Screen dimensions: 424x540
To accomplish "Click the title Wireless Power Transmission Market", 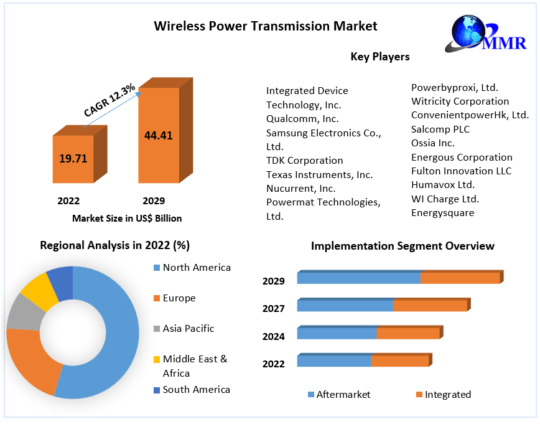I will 265,26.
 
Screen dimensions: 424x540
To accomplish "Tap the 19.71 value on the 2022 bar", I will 73,158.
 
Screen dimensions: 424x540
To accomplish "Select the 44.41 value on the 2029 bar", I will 159,135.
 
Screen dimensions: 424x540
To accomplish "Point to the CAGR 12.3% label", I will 109,100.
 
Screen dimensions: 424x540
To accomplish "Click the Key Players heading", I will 380,57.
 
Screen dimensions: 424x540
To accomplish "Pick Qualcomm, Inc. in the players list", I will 302,118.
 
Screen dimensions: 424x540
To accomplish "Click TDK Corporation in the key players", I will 304,160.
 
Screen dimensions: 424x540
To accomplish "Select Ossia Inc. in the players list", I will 433,143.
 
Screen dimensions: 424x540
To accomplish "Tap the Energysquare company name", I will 442,213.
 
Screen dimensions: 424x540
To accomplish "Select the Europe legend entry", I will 179,298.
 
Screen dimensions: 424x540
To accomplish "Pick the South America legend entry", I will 196,390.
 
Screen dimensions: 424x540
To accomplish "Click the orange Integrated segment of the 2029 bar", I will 460,278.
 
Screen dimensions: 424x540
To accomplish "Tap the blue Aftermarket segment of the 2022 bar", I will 334,361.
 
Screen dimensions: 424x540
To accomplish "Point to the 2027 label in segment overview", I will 274,308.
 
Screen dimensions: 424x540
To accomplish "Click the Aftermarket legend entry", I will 343,394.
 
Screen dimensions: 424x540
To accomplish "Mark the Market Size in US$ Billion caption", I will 127,218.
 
